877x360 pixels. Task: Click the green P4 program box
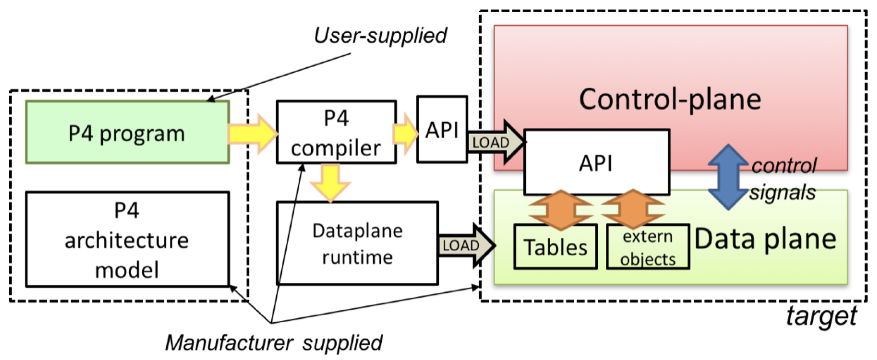[127, 133]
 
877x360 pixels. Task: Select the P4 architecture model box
[127, 239]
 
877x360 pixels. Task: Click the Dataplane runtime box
[357, 243]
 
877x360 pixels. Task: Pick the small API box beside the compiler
[442, 130]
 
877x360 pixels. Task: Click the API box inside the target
[596, 163]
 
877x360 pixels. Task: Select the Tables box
[555, 247]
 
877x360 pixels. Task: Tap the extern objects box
[648, 247]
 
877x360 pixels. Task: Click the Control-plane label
[670, 99]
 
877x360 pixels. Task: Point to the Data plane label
[765, 239]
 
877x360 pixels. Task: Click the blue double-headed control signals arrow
[728, 177]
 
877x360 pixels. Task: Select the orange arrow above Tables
[561, 210]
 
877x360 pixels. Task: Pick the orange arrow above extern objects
[633, 210]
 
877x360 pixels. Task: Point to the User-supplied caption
[380, 35]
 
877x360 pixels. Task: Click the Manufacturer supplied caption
[274, 342]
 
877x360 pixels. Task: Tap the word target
[821, 316]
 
